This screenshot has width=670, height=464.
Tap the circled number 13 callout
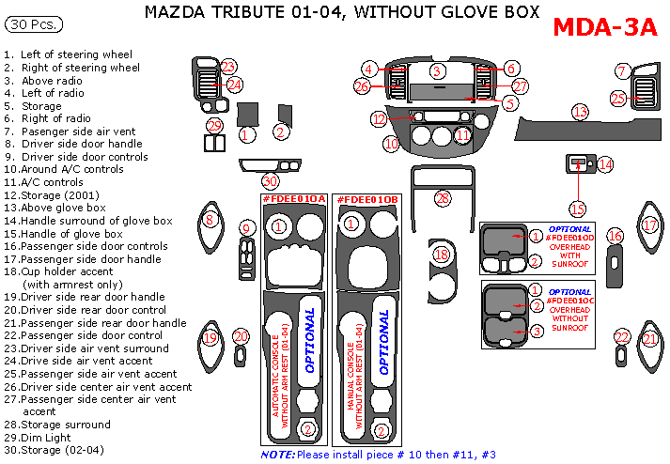coord(581,111)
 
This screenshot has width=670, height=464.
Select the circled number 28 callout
coord(443,197)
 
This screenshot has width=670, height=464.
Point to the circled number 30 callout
coord(271,180)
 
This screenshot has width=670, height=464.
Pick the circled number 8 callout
coord(210,220)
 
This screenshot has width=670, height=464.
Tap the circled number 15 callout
coord(577,209)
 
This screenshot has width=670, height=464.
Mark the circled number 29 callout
coord(215,126)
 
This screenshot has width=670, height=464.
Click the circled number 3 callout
coord(437,70)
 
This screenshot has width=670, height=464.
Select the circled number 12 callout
coord(379,119)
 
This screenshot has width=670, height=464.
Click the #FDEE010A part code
coord(294,200)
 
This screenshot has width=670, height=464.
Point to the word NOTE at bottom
coord(277,455)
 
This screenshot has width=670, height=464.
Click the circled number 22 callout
coord(621,337)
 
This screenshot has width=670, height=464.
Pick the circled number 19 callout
coord(210,338)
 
